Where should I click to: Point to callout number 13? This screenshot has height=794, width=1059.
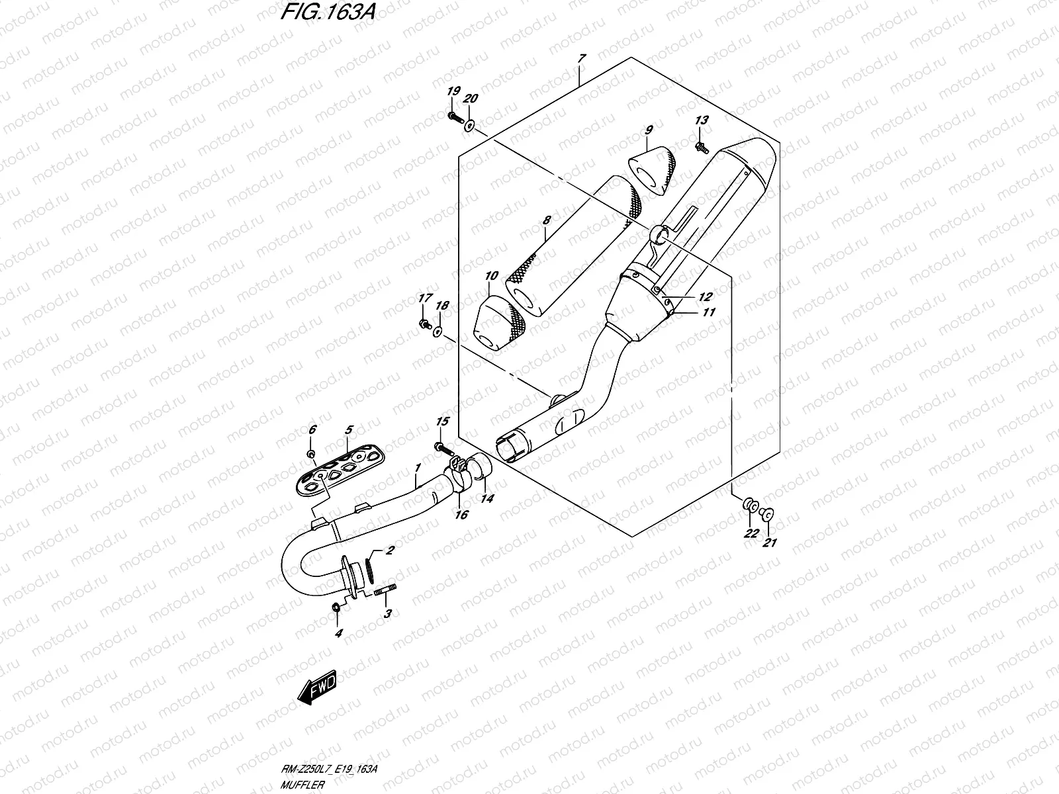(x=702, y=120)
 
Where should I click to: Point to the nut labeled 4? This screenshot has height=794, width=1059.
(x=336, y=607)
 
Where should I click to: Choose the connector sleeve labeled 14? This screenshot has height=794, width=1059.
(x=483, y=466)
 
